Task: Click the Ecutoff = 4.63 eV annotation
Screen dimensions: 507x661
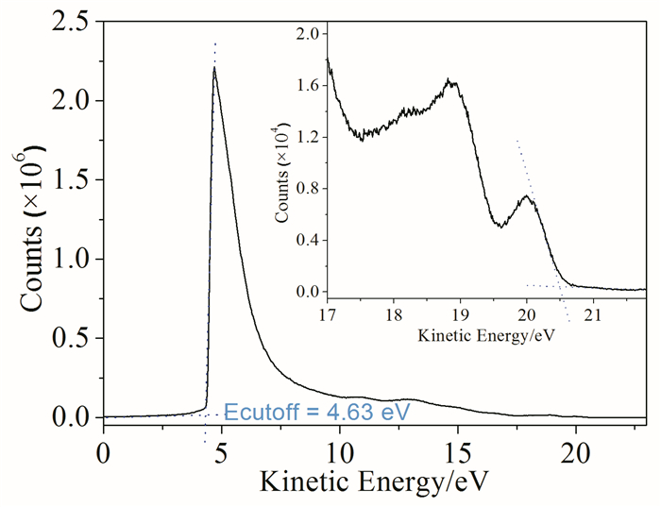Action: [x=316, y=413]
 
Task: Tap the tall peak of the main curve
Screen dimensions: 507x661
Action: [x=214, y=68]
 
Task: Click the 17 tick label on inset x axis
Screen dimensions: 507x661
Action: [x=328, y=314]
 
